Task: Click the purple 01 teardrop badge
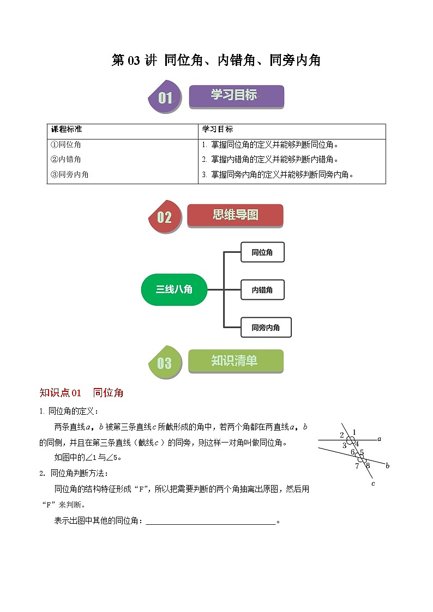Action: click(164, 98)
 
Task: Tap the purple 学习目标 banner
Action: click(236, 96)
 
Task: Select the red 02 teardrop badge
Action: click(164, 217)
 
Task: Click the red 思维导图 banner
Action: click(235, 215)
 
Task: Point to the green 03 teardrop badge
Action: click(164, 363)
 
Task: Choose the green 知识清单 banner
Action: click(236, 361)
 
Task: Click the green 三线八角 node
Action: click(174, 289)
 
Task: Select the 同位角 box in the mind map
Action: click(262, 252)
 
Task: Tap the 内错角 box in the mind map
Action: click(262, 290)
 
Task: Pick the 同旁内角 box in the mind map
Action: click(266, 328)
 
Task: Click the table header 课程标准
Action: click(67, 130)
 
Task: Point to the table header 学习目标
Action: click(218, 130)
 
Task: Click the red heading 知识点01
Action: click(61, 393)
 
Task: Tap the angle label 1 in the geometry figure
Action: click(354, 432)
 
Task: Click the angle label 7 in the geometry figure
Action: click(357, 466)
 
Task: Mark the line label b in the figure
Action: click(387, 466)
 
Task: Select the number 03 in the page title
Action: click(134, 61)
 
